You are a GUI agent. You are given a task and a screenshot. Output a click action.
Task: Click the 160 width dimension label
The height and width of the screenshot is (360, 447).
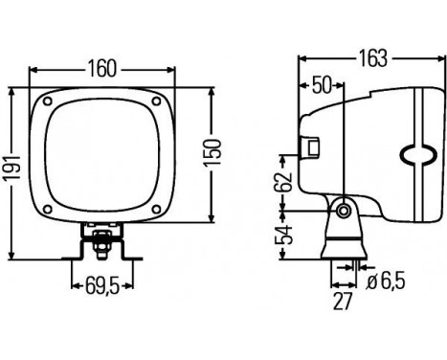[102, 68]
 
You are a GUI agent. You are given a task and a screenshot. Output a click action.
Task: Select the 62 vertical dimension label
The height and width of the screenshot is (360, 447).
[284, 182]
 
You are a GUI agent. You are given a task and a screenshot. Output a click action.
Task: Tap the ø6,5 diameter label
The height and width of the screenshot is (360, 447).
[386, 280]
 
